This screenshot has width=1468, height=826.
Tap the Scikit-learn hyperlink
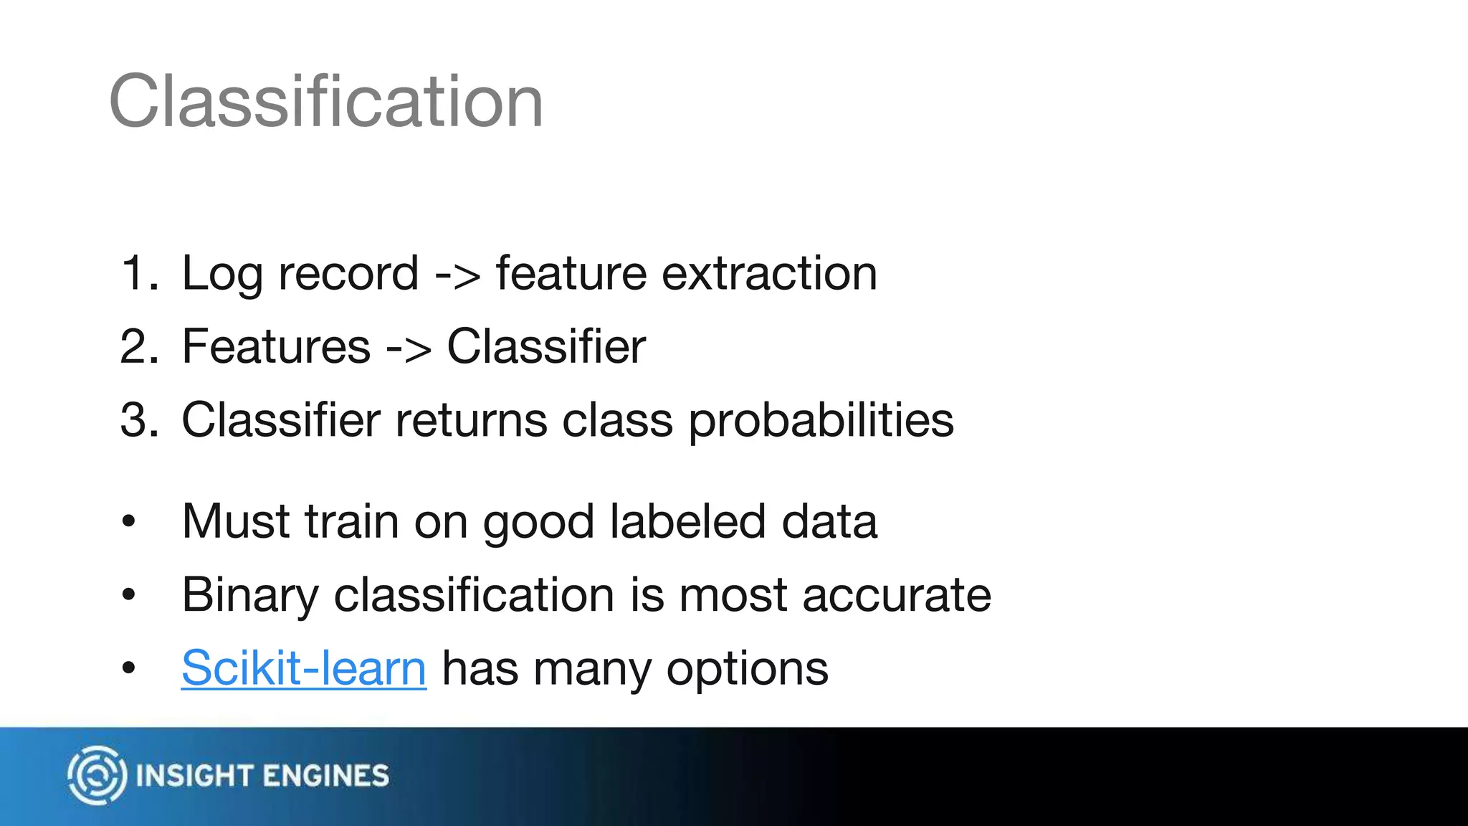pyautogui.click(x=304, y=668)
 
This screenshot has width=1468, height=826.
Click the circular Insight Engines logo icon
pyautogui.click(x=97, y=775)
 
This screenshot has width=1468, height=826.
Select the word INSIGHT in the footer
pyautogui.click(x=194, y=776)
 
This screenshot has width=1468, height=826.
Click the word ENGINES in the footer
pyautogui.click(x=326, y=776)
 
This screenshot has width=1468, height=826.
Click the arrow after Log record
pyautogui.click(x=457, y=275)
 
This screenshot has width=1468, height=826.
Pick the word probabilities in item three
pyautogui.click(x=821, y=420)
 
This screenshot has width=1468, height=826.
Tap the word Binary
pyautogui.click(x=250, y=595)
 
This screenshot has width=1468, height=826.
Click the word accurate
pyautogui.click(x=897, y=595)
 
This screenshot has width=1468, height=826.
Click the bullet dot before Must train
pyautogui.click(x=128, y=522)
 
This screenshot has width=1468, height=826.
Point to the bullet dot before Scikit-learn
pyautogui.click(x=128, y=669)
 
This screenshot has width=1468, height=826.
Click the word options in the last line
pyautogui.click(x=747, y=669)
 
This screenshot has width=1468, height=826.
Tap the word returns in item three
pyautogui.click(x=471, y=419)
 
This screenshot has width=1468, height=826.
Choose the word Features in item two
pyautogui.click(x=276, y=346)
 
